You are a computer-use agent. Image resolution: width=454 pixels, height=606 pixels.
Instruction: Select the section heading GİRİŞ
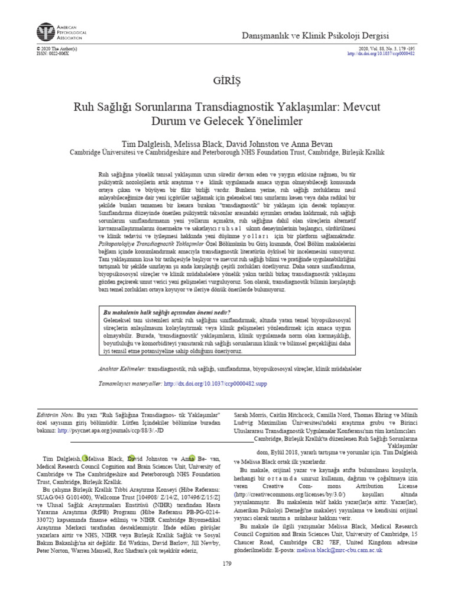[x=227, y=80]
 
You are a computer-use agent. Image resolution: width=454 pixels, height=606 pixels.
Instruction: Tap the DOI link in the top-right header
[x=381, y=53]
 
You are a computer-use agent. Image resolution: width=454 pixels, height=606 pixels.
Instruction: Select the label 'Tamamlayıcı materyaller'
[x=129, y=383]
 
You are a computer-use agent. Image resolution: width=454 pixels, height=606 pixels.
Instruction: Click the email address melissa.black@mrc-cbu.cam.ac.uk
[x=340, y=550]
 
